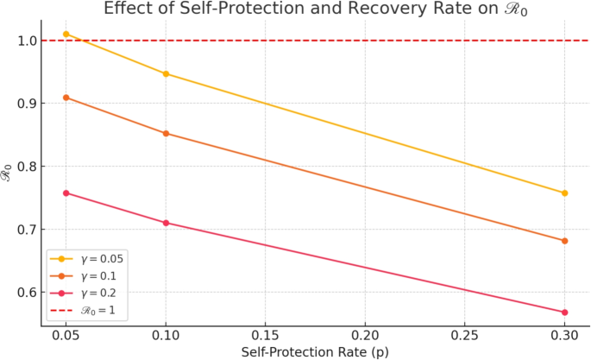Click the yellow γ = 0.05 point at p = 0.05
tap(66, 34)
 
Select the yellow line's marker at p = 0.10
tap(166, 74)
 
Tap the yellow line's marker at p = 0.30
tap(564, 193)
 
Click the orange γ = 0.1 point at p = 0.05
tap(66, 98)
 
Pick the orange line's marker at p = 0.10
tap(166, 133)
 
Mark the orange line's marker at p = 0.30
tap(564, 241)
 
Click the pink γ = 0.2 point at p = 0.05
tap(66, 193)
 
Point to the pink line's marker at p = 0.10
tap(166, 223)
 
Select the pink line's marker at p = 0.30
tap(564, 313)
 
